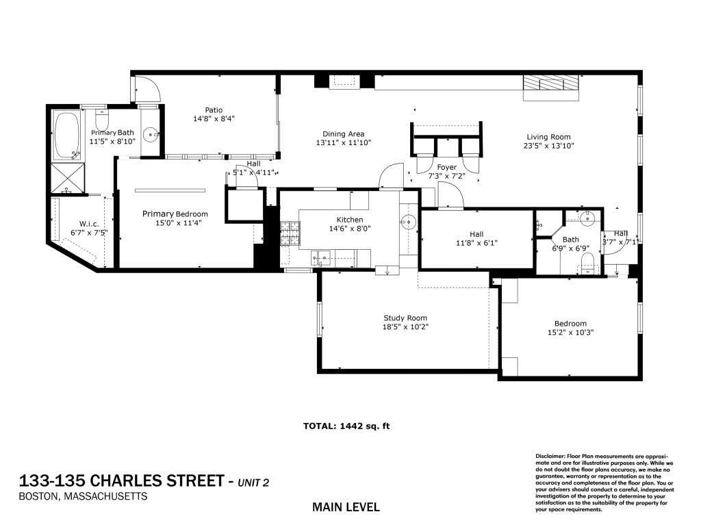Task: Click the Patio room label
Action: pyautogui.click(x=214, y=110)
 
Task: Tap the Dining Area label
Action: pyautogui.click(x=344, y=133)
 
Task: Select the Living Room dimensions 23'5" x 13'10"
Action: pyautogui.click(x=548, y=146)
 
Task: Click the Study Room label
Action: pyautogui.click(x=405, y=318)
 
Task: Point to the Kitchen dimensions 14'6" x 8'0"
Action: pyautogui.click(x=350, y=229)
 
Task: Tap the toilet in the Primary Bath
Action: pyautogui.click(x=102, y=119)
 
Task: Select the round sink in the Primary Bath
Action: pyautogui.click(x=151, y=133)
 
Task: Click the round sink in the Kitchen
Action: pyautogui.click(x=408, y=221)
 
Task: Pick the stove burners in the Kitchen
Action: pyautogui.click(x=290, y=233)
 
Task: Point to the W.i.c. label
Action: pyautogui.click(x=89, y=224)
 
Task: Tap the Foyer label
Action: pyautogui.click(x=447, y=168)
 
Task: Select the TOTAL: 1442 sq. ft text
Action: pyautogui.click(x=346, y=426)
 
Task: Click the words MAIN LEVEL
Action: pyautogui.click(x=346, y=507)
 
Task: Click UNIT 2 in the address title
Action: pyautogui.click(x=253, y=483)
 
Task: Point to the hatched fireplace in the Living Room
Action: pyautogui.click(x=551, y=83)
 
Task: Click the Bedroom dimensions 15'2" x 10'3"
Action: pyautogui.click(x=570, y=332)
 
